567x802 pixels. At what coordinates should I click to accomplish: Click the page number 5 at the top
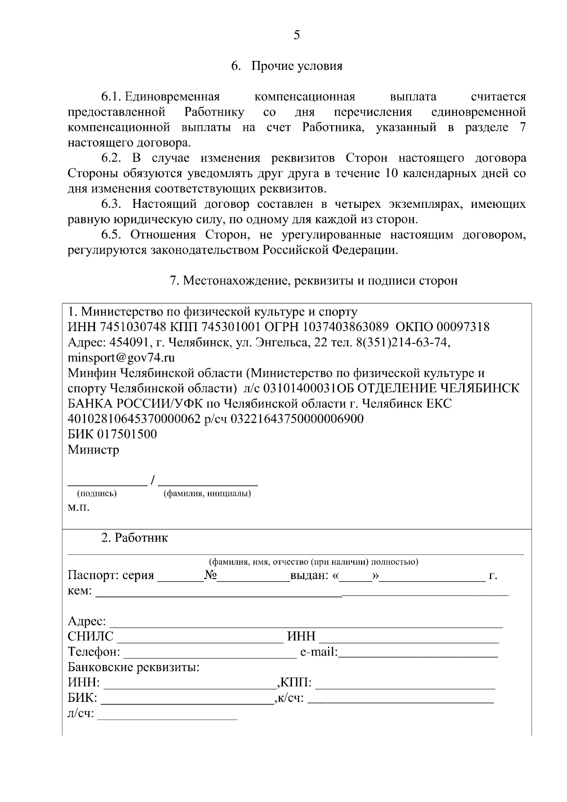(x=297, y=35)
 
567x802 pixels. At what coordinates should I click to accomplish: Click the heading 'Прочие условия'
(x=297, y=66)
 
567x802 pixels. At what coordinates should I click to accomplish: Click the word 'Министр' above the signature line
(x=94, y=450)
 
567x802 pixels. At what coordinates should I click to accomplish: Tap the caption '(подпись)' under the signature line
(x=97, y=494)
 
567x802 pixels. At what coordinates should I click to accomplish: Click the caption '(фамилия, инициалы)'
(x=207, y=494)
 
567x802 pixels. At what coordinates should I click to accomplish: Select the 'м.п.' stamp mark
(x=78, y=508)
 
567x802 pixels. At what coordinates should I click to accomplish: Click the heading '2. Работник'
(x=134, y=538)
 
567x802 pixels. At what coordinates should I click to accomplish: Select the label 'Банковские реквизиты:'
(x=134, y=668)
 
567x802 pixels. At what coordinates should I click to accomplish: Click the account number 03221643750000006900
(x=297, y=419)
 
